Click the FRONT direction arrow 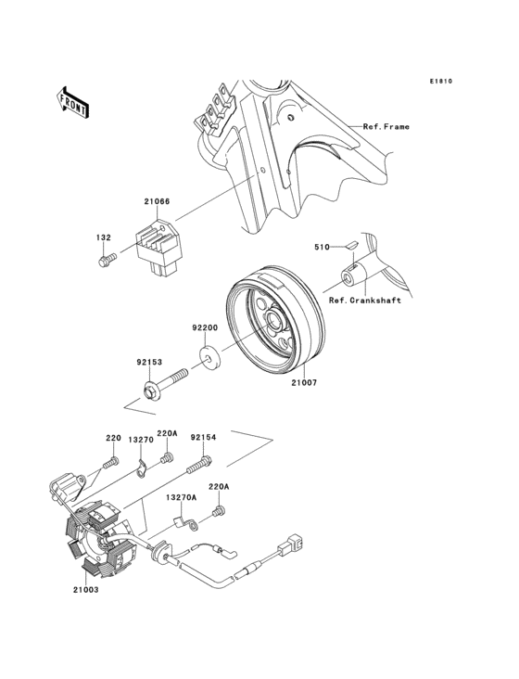point(72,103)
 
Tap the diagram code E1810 point(441,81)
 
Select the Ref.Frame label point(386,127)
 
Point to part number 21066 point(157,201)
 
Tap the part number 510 point(322,247)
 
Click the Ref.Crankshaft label point(364,301)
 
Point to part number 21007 point(304,382)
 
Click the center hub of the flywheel point(273,321)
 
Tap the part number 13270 point(141,440)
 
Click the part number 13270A point(181,497)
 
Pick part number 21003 point(85,589)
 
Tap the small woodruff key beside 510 point(350,245)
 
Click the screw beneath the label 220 point(110,463)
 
